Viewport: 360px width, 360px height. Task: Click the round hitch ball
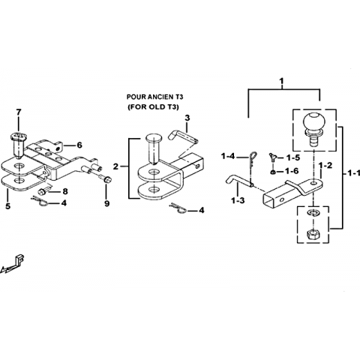[314, 122]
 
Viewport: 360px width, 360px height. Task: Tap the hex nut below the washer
[313, 234]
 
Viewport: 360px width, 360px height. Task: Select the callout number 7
[19, 112]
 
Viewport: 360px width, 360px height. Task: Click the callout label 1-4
[228, 157]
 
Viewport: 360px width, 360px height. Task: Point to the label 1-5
[293, 157]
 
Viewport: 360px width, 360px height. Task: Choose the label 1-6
[292, 171]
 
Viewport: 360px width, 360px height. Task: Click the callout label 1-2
[325, 165]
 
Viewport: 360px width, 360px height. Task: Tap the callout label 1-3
[238, 200]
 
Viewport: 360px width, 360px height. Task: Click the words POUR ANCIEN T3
[155, 97]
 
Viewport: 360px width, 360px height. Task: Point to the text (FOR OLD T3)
[153, 107]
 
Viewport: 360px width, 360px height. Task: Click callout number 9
[106, 204]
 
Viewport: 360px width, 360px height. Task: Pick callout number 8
[65, 191]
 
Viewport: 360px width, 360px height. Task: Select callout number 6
[79, 145]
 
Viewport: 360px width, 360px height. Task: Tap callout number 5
[8, 206]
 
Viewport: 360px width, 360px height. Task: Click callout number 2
[115, 166]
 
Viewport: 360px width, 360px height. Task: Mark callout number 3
[187, 118]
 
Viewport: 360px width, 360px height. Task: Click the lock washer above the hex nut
[312, 213]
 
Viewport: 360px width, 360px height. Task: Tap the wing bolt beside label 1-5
[273, 157]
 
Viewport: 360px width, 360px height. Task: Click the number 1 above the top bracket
[282, 82]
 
